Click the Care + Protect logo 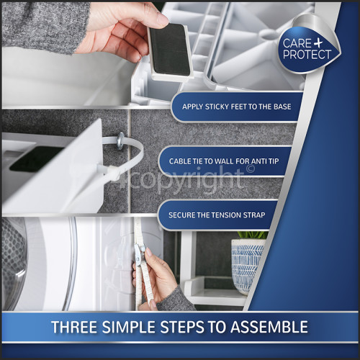(x=307, y=47)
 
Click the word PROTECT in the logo (x=307, y=55)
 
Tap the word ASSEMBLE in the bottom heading (x=271, y=328)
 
